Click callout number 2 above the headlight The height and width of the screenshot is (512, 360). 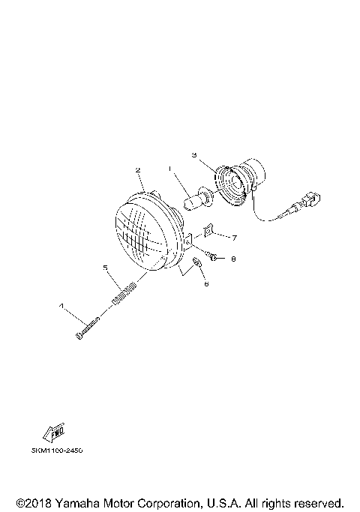click(x=138, y=170)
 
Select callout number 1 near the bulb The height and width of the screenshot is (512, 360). click(x=170, y=169)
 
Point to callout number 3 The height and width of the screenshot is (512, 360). click(x=193, y=156)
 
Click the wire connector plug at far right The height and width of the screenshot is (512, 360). click(x=309, y=201)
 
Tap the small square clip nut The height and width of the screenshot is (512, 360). click(x=211, y=236)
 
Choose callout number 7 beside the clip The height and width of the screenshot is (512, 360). click(x=234, y=238)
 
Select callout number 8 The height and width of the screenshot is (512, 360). click(x=233, y=259)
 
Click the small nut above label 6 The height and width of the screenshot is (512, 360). click(x=196, y=264)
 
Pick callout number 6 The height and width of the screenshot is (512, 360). click(x=206, y=284)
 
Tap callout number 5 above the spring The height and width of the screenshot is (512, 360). click(x=106, y=267)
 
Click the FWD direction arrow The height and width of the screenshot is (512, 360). click(x=55, y=433)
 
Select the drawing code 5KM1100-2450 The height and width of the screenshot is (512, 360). click(x=57, y=451)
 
